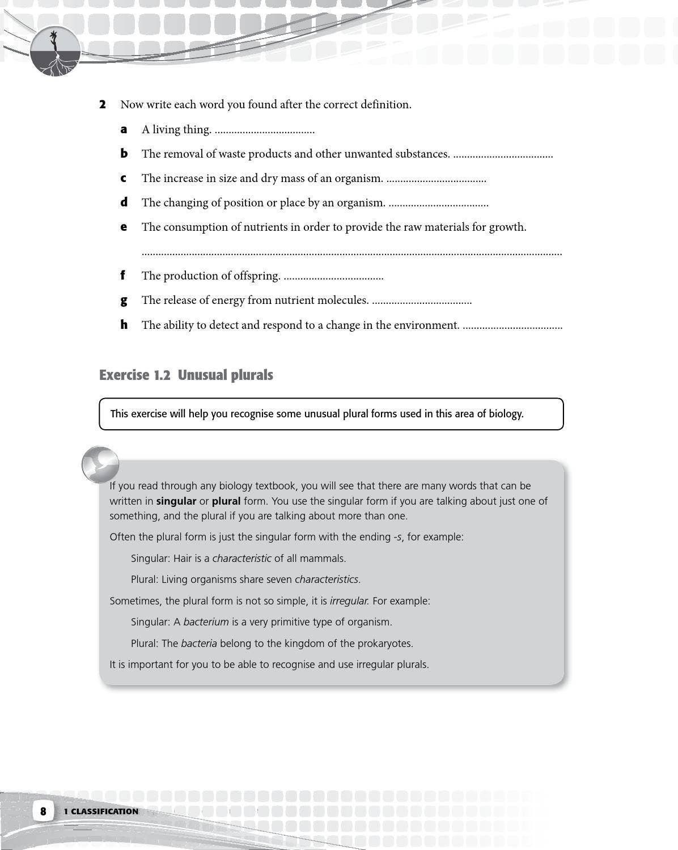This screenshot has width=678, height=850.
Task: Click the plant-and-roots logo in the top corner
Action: [55, 52]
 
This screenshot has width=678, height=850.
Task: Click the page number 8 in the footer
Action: [43, 811]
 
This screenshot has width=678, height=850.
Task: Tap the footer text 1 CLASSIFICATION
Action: [101, 811]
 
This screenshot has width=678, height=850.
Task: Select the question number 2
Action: [103, 104]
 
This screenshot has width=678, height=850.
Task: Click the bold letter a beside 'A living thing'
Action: [124, 129]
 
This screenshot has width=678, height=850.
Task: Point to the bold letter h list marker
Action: [124, 324]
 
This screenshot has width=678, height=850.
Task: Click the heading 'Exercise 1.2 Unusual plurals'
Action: [186, 375]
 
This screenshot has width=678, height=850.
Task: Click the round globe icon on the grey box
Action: [100, 464]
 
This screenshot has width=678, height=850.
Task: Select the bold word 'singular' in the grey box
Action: [176, 501]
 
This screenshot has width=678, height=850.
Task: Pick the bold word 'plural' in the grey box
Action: [226, 501]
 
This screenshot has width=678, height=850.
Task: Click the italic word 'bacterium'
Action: [206, 622]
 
